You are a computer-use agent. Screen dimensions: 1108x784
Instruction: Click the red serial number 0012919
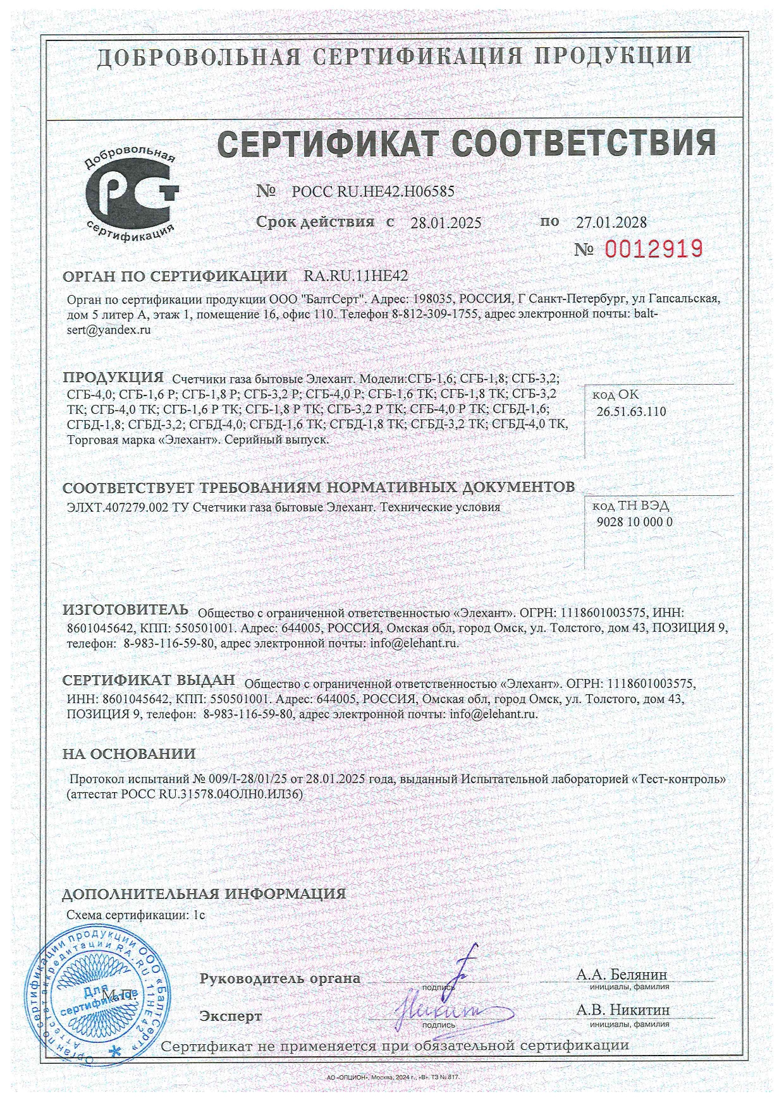tap(654, 249)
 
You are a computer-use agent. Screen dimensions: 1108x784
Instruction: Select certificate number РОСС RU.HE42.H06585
tap(373, 191)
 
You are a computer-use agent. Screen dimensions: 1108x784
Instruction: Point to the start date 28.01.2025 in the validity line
tap(446, 222)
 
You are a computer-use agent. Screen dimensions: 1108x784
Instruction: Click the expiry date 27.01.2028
tap(611, 222)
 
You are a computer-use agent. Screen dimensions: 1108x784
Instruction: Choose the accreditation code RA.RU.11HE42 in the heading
tap(356, 276)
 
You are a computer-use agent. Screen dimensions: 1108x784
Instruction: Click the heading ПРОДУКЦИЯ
tap(113, 378)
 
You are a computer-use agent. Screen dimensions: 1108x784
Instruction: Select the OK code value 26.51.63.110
tap(631, 411)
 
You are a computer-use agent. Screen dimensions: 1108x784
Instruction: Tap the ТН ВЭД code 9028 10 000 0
tap(634, 522)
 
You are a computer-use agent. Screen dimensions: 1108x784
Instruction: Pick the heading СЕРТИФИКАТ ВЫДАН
tap(149, 680)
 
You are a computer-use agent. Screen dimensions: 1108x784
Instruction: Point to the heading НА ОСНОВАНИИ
tap(129, 754)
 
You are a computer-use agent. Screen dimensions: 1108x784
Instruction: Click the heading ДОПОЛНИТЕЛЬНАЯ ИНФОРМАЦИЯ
tap(204, 894)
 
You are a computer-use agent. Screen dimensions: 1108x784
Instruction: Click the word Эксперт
tap(230, 1016)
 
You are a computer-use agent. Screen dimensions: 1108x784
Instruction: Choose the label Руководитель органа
tap(280, 979)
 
